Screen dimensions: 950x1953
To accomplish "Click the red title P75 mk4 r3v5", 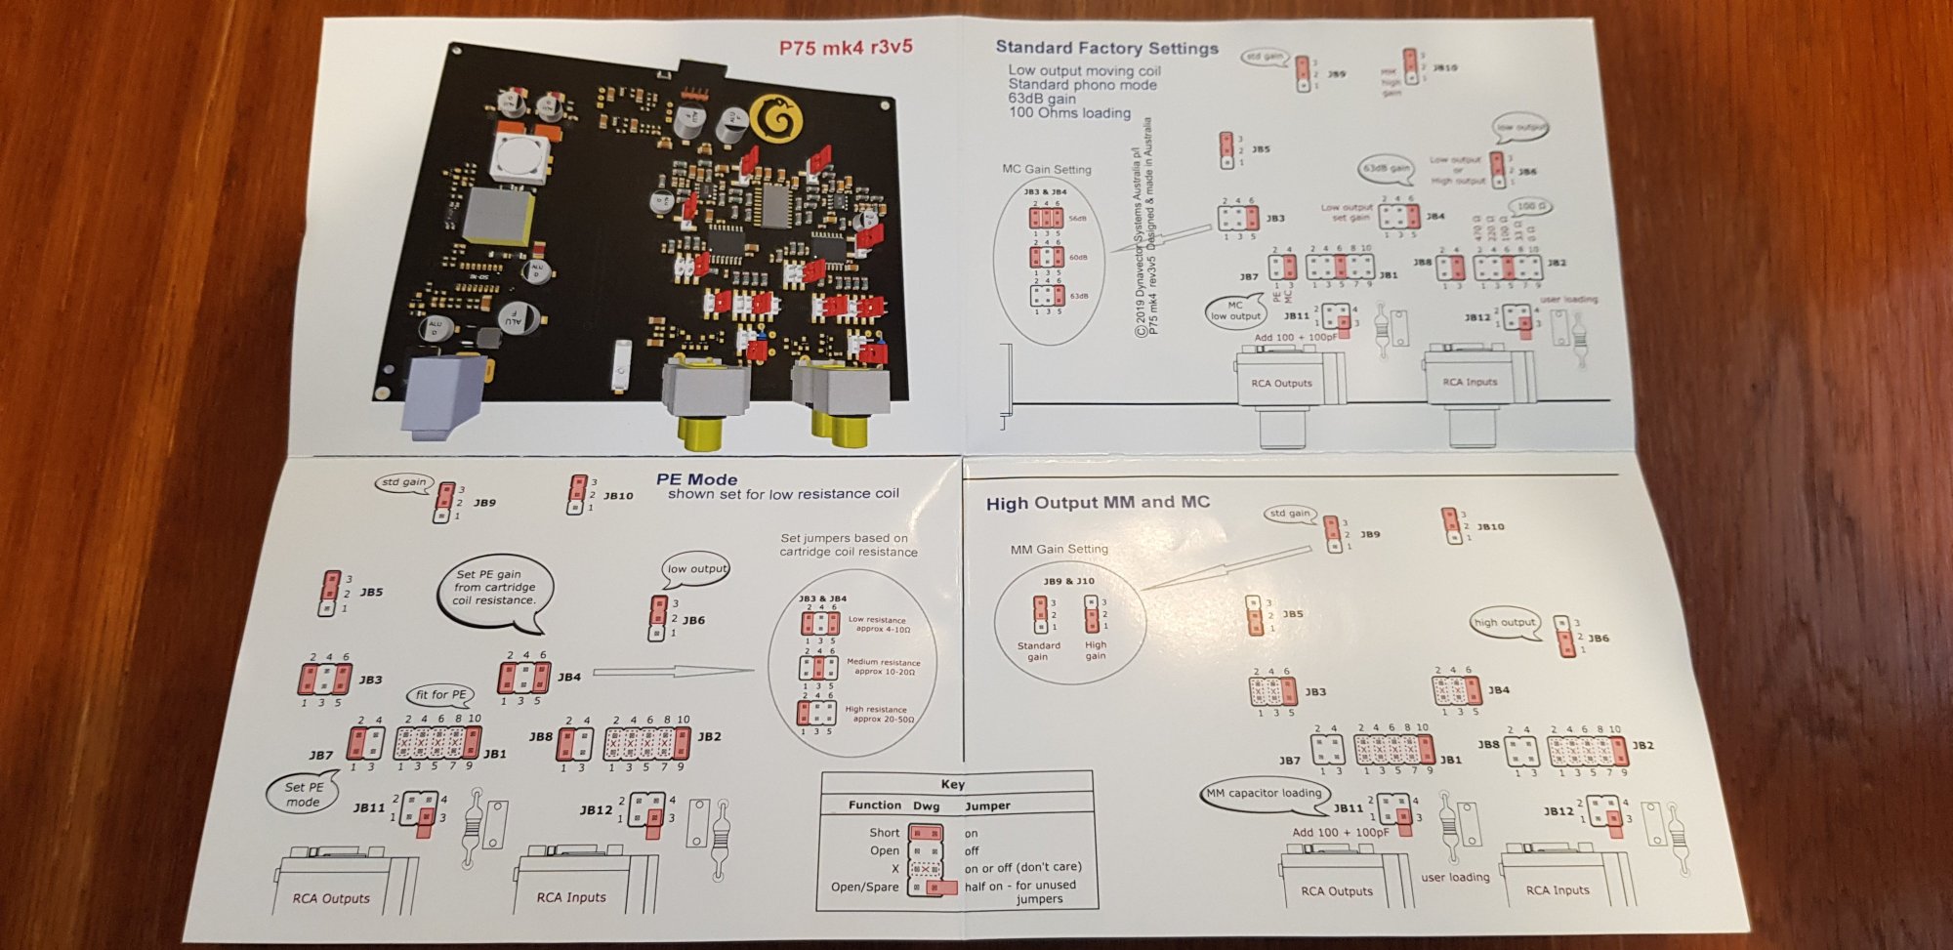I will tap(846, 47).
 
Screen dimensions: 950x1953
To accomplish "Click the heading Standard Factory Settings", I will tap(1106, 47).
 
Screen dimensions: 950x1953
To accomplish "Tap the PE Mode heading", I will tap(696, 479).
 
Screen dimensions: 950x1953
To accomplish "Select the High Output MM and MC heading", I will tap(1098, 503).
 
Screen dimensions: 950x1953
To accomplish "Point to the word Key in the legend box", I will tap(953, 784).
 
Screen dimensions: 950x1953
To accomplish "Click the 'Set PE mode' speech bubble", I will tap(303, 794).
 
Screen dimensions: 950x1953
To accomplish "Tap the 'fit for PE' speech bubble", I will tap(440, 695).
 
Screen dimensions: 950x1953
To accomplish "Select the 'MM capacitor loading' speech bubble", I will tap(1264, 794).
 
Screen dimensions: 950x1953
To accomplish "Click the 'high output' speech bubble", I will tap(1504, 623).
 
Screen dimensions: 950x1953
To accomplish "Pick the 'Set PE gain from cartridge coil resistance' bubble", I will tap(494, 588).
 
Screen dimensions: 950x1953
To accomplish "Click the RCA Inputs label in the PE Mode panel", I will tap(571, 897).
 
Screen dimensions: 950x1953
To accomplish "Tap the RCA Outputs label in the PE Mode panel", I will tap(331, 898).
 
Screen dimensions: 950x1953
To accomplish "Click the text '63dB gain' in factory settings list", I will tap(1042, 99).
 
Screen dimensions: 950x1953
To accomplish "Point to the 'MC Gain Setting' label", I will tap(1047, 169).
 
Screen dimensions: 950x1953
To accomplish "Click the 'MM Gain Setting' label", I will tap(1059, 550).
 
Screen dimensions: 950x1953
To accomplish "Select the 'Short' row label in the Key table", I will tap(884, 833).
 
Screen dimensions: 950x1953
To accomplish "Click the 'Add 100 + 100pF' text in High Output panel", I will tap(1340, 833).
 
